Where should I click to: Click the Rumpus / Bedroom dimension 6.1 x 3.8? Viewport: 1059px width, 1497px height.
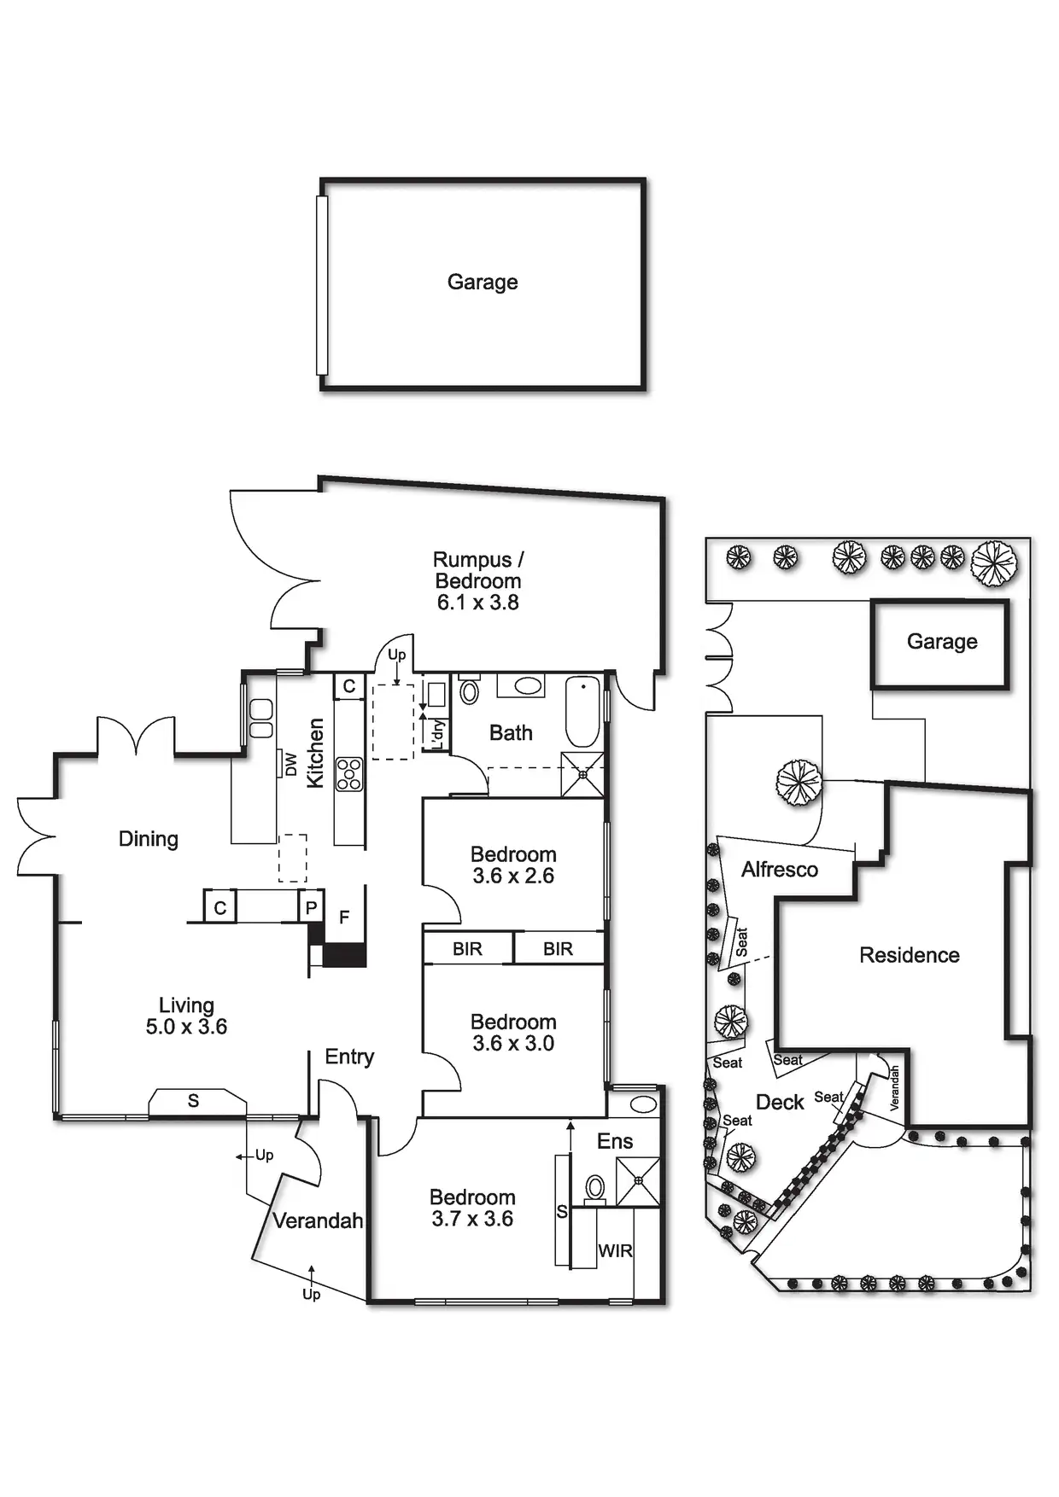click(477, 603)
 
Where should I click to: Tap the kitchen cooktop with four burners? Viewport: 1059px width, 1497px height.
click(348, 774)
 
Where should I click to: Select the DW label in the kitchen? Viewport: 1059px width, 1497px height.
click(291, 764)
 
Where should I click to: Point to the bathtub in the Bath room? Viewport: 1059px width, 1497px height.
click(582, 712)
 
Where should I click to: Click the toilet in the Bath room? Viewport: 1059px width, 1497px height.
click(470, 690)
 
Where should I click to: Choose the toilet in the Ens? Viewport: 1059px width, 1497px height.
click(595, 1187)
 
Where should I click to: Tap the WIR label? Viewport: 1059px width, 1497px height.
click(615, 1251)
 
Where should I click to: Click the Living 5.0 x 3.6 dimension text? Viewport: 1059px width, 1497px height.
click(186, 1027)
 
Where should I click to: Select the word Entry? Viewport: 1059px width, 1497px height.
click(349, 1057)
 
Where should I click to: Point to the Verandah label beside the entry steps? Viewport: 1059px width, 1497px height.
click(318, 1221)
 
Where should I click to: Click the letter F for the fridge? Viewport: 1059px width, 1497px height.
click(344, 917)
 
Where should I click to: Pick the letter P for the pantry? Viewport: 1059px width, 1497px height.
click(311, 908)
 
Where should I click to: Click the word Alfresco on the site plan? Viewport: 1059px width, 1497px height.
click(779, 870)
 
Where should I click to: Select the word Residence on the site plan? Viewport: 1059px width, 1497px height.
click(909, 955)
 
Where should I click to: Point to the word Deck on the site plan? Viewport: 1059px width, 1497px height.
click(780, 1103)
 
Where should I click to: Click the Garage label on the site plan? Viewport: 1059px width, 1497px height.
click(942, 642)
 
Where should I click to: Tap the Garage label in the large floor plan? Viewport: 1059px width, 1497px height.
click(483, 283)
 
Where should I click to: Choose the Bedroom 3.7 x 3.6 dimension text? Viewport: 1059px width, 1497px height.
click(472, 1219)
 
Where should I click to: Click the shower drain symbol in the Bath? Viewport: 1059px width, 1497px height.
click(582, 775)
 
